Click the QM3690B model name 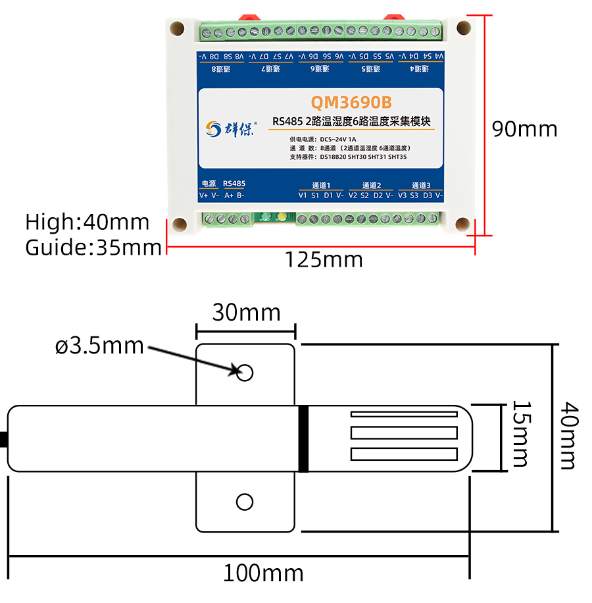click(351, 103)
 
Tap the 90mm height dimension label click(524, 129)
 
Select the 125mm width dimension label click(323, 259)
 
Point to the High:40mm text click(87, 222)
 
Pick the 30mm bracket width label click(246, 312)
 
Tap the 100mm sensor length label click(262, 573)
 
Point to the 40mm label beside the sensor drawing click(567, 436)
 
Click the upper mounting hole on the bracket click(245, 373)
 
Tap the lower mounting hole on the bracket click(245, 502)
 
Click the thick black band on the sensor click(303, 438)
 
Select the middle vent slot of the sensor click(403, 433)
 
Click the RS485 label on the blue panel click(234, 184)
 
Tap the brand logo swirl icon click(213, 128)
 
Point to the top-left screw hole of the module click(177, 29)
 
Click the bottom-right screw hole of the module click(463, 225)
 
